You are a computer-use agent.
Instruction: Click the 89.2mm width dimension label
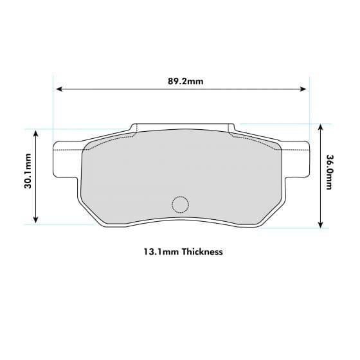coord(185,82)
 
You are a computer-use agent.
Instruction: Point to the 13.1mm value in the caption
coord(161,252)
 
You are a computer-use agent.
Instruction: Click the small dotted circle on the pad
coord(180,204)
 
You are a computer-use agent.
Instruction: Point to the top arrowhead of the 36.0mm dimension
coord(320,127)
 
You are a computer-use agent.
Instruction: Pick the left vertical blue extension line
coord(52,109)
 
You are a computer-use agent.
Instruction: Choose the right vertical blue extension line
coord(309,109)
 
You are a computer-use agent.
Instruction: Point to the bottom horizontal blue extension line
coord(64,224)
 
